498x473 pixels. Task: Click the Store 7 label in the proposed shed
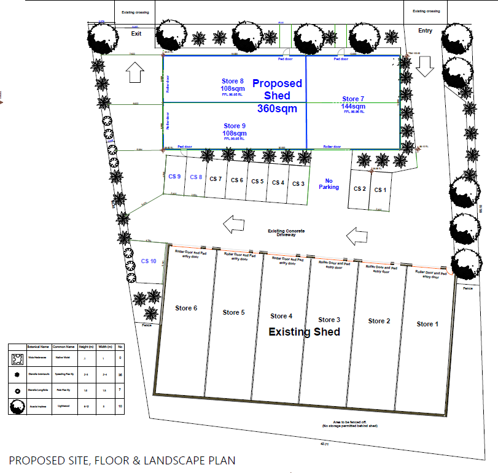click(353, 99)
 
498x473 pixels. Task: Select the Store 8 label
click(233, 81)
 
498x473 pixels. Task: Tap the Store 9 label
click(234, 126)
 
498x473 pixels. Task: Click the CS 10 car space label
click(149, 261)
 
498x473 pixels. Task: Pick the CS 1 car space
click(380, 190)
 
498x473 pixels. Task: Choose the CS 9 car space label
click(175, 177)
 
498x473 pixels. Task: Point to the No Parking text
click(329, 184)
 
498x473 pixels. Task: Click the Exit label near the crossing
click(136, 34)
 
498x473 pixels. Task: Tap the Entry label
click(425, 31)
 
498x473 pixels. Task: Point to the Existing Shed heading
click(305, 332)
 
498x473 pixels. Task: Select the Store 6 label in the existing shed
click(186, 308)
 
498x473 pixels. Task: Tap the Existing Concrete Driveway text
click(286, 233)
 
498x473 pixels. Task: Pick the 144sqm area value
click(354, 106)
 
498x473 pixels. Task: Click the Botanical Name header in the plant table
click(38, 347)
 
